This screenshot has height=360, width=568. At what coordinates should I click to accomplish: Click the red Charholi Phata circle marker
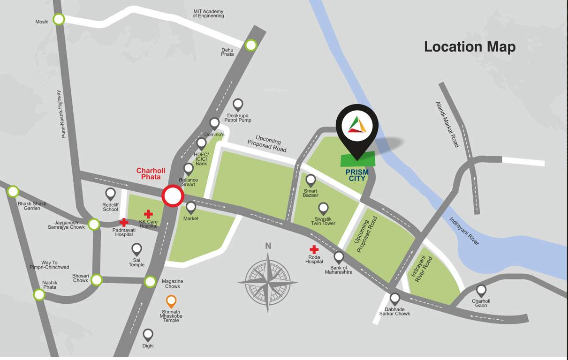click(172, 196)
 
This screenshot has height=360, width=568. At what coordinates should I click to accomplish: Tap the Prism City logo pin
click(357, 125)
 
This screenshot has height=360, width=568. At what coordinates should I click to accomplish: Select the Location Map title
click(470, 47)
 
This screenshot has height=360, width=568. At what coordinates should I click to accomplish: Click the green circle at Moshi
click(59, 19)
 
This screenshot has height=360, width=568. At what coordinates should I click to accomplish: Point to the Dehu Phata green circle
click(251, 45)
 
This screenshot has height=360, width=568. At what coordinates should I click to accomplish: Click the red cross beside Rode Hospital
click(314, 250)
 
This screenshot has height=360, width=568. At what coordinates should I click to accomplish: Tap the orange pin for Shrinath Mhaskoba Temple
click(172, 300)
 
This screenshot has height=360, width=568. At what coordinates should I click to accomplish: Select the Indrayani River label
click(464, 231)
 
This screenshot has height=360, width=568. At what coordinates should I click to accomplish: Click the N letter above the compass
click(268, 246)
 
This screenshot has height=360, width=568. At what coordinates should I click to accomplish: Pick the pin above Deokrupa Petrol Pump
click(238, 104)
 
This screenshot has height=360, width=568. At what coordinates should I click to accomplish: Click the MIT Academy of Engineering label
click(208, 14)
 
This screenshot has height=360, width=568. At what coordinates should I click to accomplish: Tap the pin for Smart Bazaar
click(311, 180)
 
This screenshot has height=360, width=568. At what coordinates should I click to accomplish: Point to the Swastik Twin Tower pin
click(323, 208)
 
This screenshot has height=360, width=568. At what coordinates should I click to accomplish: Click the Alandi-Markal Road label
click(447, 125)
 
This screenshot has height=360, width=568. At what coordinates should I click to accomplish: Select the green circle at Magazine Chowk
click(150, 282)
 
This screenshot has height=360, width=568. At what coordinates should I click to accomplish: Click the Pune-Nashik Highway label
click(61, 114)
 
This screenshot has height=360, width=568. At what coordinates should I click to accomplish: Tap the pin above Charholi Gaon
click(481, 290)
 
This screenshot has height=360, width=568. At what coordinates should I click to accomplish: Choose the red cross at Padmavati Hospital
click(124, 223)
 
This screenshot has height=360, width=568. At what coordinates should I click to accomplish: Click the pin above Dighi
click(148, 334)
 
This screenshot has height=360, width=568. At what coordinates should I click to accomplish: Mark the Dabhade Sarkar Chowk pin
click(395, 298)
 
